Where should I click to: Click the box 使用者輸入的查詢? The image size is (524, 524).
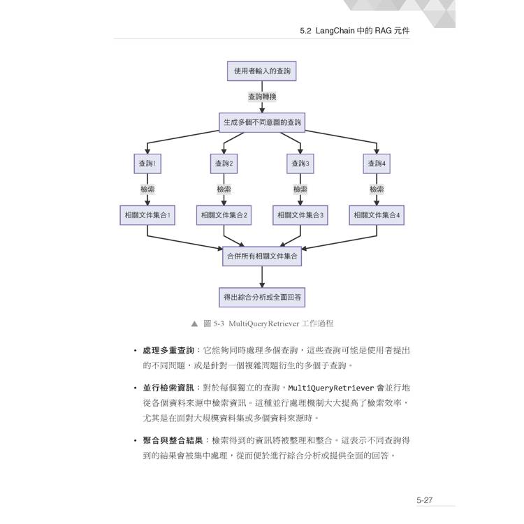click(x=262, y=71)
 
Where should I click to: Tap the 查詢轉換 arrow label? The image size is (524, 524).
click(x=262, y=96)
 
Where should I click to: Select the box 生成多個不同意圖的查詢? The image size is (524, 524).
click(x=262, y=122)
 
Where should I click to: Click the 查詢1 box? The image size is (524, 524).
click(x=147, y=163)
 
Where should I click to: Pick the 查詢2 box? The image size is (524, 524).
click(x=224, y=163)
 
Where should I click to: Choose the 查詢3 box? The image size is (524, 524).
click(x=300, y=163)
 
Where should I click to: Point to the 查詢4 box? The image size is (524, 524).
click(x=377, y=163)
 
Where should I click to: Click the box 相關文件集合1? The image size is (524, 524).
click(x=147, y=215)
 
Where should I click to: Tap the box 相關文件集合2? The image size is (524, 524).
click(x=224, y=215)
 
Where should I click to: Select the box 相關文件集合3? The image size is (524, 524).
click(x=300, y=215)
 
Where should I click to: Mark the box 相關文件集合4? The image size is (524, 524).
click(x=377, y=215)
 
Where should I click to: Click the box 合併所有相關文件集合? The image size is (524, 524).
click(x=262, y=256)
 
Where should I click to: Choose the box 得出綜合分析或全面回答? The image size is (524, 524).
click(x=262, y=297)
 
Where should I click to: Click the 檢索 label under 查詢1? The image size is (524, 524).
click(x=147, y=189)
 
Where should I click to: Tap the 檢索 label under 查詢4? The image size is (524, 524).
click(x=377, y=189)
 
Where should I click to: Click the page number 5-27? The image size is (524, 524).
click(x=424, y=500)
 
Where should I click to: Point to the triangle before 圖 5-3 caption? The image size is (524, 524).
click(x=194, y=323)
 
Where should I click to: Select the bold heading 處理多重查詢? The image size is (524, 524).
click(x=168, y=350)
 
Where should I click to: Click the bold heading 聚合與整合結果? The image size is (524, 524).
click(x=173, y=440)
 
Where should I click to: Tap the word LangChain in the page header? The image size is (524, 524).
click(x=335, y=31)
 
